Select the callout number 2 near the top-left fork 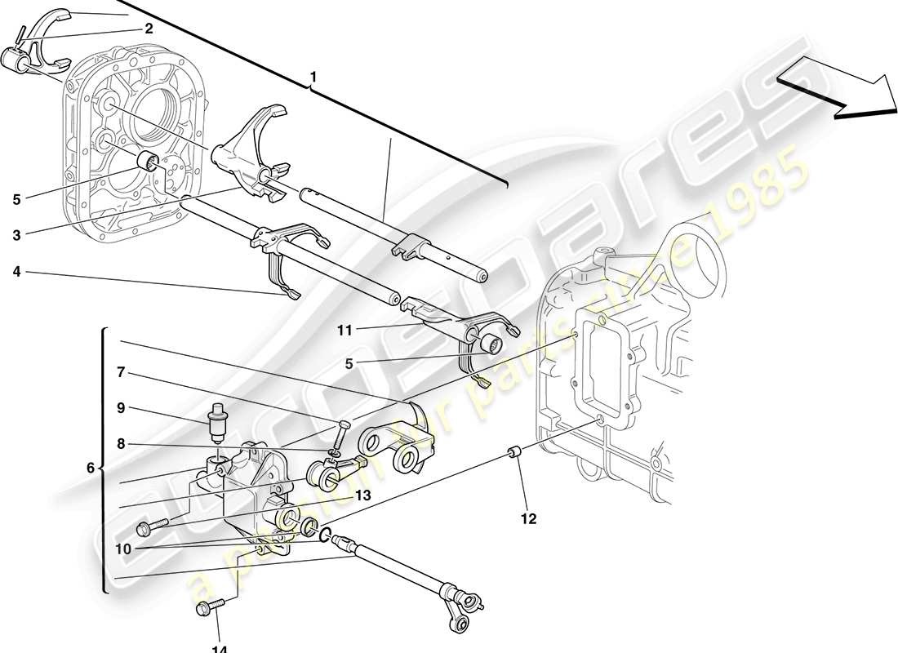[x=149, y=29]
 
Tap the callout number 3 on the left [x=16, y=235]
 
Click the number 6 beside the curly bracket [x=90, y=468]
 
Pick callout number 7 [x=120, y=372]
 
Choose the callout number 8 [x=120, y=445]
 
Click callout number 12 [x=528, y=518]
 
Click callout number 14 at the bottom [x=218, y=646]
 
